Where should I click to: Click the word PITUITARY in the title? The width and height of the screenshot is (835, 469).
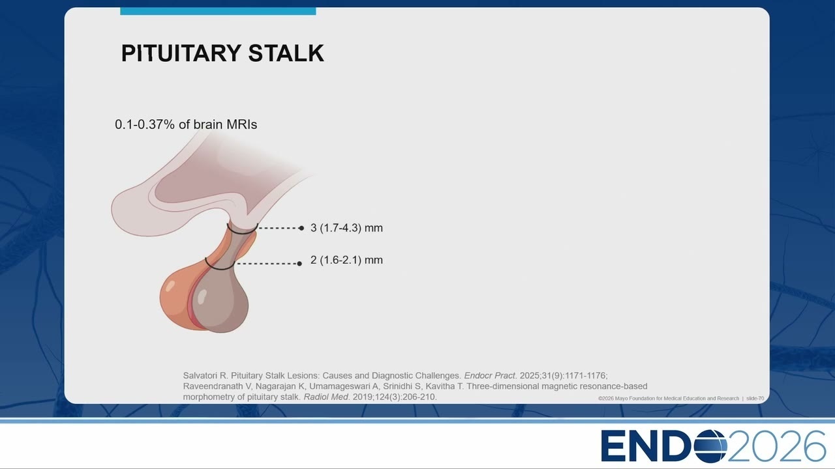click(181, 53)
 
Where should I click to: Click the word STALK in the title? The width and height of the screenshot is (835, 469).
click(286, 53)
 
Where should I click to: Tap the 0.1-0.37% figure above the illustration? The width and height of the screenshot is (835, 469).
click(145, 124)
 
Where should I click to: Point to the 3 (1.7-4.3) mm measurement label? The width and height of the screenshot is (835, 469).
click(346, 228)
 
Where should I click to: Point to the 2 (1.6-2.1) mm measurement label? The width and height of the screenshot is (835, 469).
click(346, 260)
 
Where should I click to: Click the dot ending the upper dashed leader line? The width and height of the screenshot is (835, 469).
click(301, 228)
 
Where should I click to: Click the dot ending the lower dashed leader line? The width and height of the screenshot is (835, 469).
click(299, 264)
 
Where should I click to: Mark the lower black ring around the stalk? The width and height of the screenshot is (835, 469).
click(219, 267)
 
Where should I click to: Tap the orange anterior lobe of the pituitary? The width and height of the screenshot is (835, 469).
click(176, 302)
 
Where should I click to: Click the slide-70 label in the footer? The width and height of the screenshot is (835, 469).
click(755, 398)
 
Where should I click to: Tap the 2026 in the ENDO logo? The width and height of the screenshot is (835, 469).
click(776, 446)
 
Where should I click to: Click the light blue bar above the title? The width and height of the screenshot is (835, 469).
click(218, 11)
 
